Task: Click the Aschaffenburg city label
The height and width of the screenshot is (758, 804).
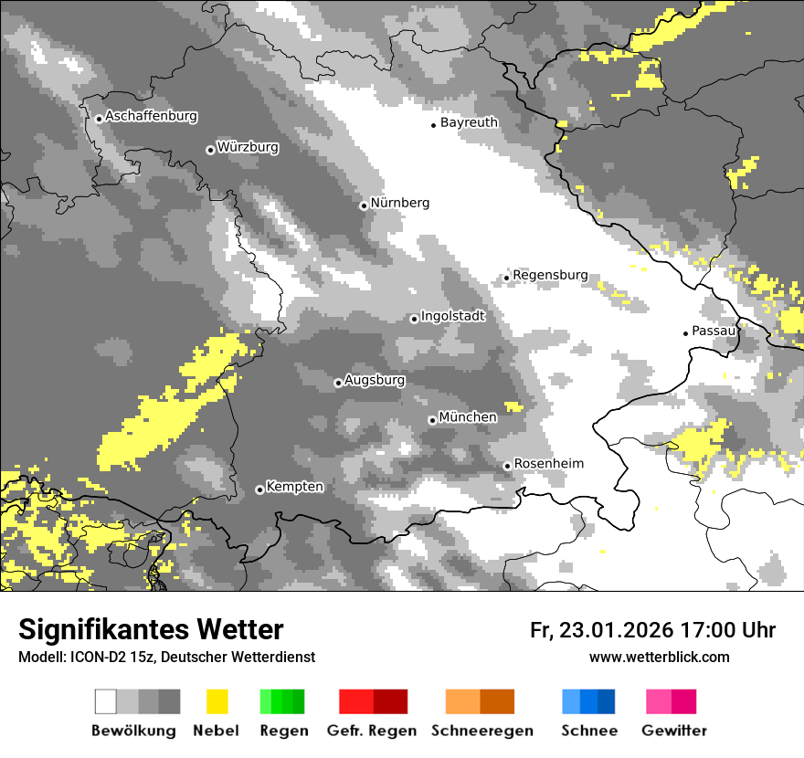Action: point(151,117)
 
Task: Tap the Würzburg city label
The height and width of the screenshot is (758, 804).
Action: point(248,147)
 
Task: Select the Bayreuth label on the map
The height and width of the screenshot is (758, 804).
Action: point(469,122)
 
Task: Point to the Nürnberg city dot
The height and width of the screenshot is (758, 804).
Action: point(364,205)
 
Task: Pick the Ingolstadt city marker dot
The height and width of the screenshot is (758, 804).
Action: point(414,319)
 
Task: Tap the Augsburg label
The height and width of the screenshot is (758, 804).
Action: point(375,380)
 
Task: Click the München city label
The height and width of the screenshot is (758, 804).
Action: point(468,417)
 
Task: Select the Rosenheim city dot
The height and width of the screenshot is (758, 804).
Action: point(507,466)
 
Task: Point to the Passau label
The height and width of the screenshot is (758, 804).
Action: point(714,331)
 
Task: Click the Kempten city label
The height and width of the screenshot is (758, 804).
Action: point(294,487)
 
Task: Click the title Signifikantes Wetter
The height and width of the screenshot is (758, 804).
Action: point(151,629)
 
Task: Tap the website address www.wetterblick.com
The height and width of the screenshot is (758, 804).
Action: point(659,657)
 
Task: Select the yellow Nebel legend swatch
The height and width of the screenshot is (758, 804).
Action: point(217,701)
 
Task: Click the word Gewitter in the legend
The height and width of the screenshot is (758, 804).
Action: point(674,731)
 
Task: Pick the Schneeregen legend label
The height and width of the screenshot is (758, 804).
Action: point(482,731)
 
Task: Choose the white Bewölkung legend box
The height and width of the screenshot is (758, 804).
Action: point(106,701)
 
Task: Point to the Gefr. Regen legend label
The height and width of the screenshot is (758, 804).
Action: point(372,731)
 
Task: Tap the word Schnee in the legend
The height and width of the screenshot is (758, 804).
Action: point(589,731)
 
